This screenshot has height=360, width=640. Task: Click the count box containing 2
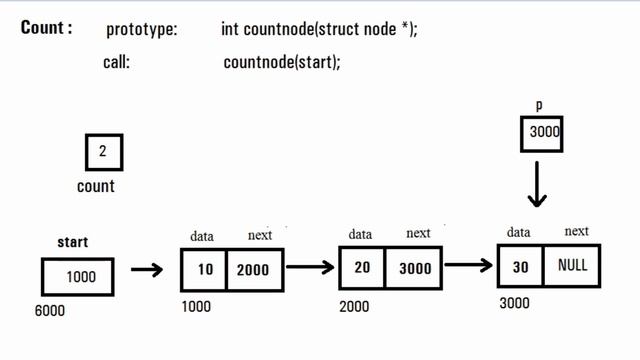(x=104, y=153)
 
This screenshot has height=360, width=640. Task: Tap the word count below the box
(x=96, y=186)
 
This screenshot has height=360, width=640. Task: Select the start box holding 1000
(x=79, y=276)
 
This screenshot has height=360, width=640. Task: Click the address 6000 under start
(x=49, y=311)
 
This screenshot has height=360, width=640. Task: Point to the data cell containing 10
(x=204, y=270)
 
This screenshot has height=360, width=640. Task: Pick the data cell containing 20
(x=362, y=268)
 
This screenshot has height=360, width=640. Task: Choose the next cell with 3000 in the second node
(x=416, y=268)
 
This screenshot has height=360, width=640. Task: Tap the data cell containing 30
(x=519, y=267)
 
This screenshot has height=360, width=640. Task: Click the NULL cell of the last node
(x=572, y=267)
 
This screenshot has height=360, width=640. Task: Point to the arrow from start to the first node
(x=147, y=270)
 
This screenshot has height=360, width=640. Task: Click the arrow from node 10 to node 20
(x=310, y=267)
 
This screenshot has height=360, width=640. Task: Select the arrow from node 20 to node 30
(x=468, y=265)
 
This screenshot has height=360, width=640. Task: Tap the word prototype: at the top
(x=141, y=30)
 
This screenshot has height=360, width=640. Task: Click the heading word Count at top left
(x=46, y=27)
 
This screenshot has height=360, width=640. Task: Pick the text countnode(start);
(x=282, y=62)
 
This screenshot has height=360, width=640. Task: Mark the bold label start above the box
(x=73, y=242)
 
